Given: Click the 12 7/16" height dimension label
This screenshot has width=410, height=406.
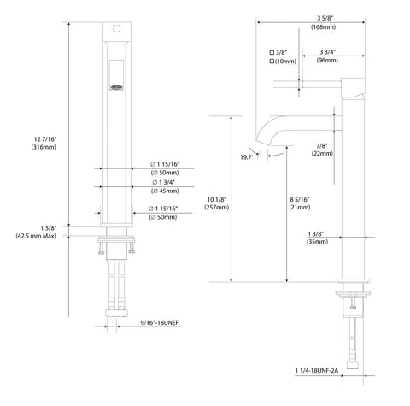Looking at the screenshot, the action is coord(45,139).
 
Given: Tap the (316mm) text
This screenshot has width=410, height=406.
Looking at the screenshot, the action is coord(44,147).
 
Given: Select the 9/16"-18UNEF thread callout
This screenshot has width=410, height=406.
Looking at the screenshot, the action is coord(160,322).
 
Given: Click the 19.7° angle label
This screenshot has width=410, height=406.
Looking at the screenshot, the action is coord(247,157).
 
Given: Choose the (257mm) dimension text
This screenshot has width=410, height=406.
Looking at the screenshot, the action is coord(216,208).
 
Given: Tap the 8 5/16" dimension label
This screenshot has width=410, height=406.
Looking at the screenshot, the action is coord(300,199).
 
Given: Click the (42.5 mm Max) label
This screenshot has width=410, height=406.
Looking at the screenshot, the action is coord(36,236).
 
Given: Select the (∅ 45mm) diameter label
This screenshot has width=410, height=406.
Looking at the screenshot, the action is coord(165,191).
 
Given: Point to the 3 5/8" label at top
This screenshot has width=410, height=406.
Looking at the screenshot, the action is coord(325,18).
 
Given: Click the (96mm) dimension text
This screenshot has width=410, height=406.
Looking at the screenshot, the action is coord(327,61).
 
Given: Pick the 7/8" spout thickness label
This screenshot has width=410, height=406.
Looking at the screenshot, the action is coord(322,145).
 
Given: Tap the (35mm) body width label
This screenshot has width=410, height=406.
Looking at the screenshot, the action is coord(317,242).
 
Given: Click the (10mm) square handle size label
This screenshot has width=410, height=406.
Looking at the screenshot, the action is coord(283,62).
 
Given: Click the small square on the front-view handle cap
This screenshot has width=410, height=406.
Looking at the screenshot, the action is coord(116,28).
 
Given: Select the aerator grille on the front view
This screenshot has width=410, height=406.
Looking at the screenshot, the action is coord(117,87).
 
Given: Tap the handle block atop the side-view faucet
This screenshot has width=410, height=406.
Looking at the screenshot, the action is coord(353,87).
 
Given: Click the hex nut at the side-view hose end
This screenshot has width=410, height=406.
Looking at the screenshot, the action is coord(353,366).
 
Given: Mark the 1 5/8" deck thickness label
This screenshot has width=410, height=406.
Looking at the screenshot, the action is coord(49,227).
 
